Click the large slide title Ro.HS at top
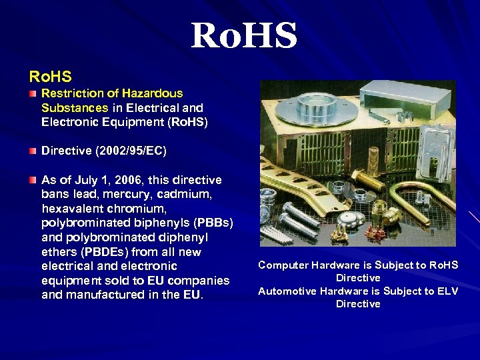[243, 36]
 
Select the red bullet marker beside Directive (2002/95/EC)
[33, 151]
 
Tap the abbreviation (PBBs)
[209, 223]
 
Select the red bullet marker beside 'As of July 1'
[33, 180]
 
